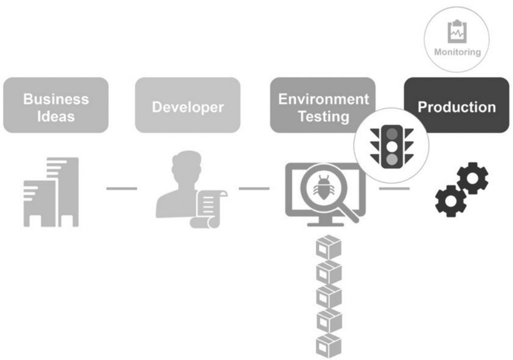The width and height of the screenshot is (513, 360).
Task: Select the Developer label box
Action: [x=188, y=105]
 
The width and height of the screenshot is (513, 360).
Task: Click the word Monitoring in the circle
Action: [x=457, y=52]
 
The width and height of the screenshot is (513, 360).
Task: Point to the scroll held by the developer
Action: [x=208, y=208]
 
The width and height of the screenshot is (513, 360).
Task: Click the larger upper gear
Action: [x=472, y=178]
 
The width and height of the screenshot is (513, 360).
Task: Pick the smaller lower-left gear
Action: [x=449, y=201]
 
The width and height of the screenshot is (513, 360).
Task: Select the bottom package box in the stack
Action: [x=328, y=345]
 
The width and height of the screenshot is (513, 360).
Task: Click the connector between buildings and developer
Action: [x=121, y=189]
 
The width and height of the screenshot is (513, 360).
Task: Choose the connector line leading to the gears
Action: [x=394, y=189]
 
